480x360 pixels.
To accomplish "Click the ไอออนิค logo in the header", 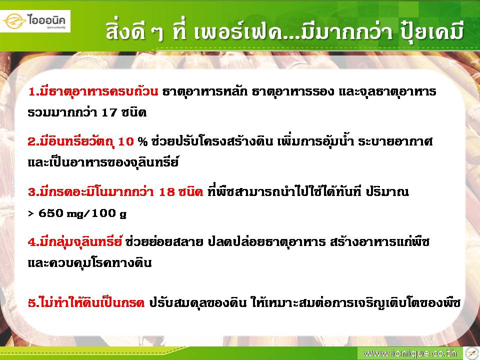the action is pos(35,21).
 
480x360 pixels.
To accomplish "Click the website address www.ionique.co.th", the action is pos(410,353).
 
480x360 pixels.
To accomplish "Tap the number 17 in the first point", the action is pos(109,112).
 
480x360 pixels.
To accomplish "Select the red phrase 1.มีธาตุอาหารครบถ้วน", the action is pos(93,91).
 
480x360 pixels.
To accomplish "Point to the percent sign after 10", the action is pos(142,141).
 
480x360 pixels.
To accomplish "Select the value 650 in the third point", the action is pos(50,213).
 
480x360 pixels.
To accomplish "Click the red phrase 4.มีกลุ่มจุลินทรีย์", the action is pos(75,242).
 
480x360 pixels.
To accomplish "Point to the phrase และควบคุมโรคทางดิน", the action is pos(89,263).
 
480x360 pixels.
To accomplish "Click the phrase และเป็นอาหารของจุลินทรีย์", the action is pos(103,162).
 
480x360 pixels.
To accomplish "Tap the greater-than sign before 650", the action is pos(31,213).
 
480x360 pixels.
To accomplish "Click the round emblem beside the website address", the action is pos(471,353).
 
